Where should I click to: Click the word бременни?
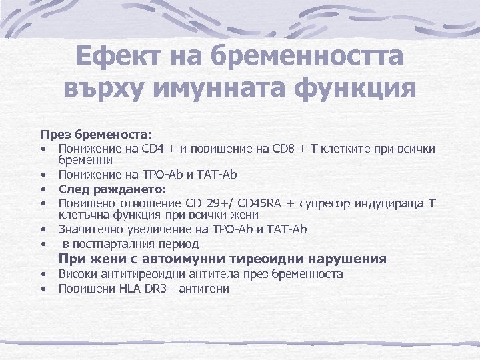(x=85, y=160)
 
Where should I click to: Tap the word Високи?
(x=76, y=274)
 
